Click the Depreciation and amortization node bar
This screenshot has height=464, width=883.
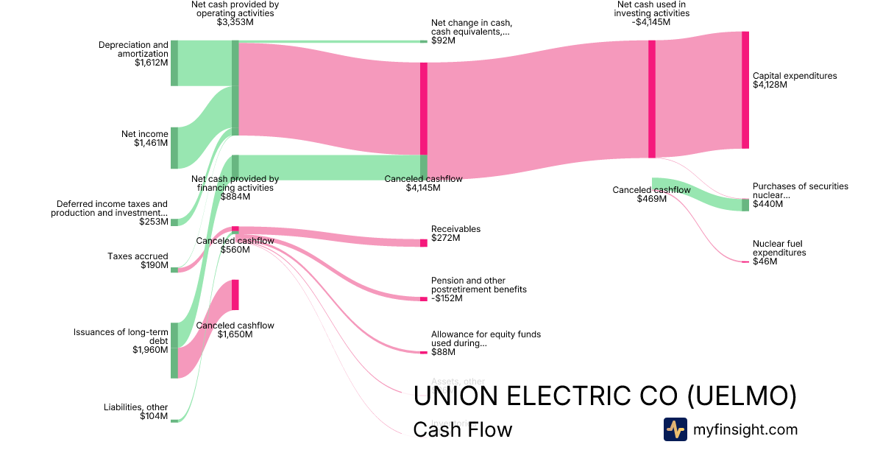(x=174, y=63)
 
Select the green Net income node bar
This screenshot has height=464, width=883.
(x=174, y=147)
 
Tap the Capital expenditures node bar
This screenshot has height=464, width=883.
(x=745, y=90)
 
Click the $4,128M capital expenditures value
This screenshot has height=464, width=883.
(x=770, y=85)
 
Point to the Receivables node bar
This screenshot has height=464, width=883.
(x=423, y=243)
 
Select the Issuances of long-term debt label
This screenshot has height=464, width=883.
(x=121, y=337)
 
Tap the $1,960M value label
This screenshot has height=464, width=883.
(x=151, y=350)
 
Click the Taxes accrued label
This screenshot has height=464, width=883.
(x=138, y=256)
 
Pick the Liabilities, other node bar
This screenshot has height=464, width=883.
(x=174, y=421)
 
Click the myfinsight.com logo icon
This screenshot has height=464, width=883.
(x=675, y=429)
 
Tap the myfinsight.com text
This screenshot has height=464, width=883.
(x=745, y=429)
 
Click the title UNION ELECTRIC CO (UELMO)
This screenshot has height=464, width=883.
(x=604, y=396)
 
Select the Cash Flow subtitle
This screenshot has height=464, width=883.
(x=462, y=429)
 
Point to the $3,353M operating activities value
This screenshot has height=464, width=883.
(x=235, y=22)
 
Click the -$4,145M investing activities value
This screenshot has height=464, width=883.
(x=652, y=22)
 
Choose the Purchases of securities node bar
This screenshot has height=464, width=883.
(x=745, y=205)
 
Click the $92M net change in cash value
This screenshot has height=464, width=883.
(x=443, y=41)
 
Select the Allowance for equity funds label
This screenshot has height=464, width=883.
(x=486, y=339)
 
